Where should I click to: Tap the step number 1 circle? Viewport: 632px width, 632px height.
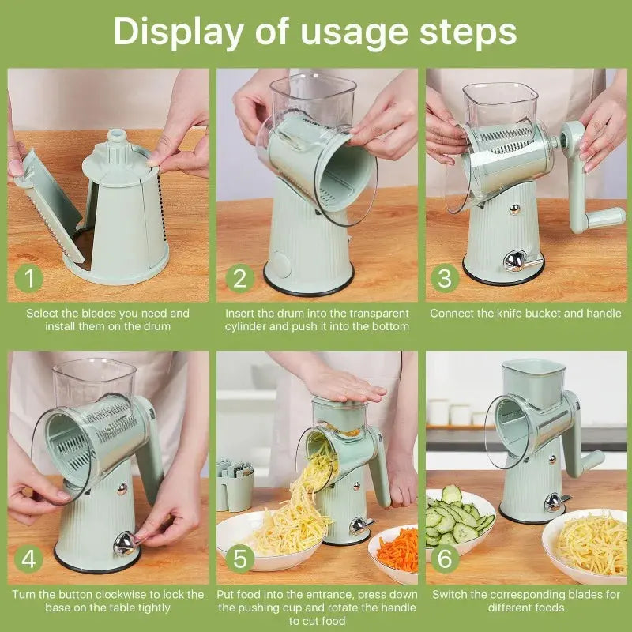(x=29, y=278)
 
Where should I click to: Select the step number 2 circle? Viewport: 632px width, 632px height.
(x=239, y=278)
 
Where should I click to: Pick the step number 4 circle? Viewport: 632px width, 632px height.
(x=29, y=559)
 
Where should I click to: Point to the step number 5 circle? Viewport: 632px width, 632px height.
(x=239, y=559)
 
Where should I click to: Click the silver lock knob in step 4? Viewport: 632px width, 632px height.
(x=124, y=544)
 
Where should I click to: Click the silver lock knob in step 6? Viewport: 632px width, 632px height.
(x=552, y=502)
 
